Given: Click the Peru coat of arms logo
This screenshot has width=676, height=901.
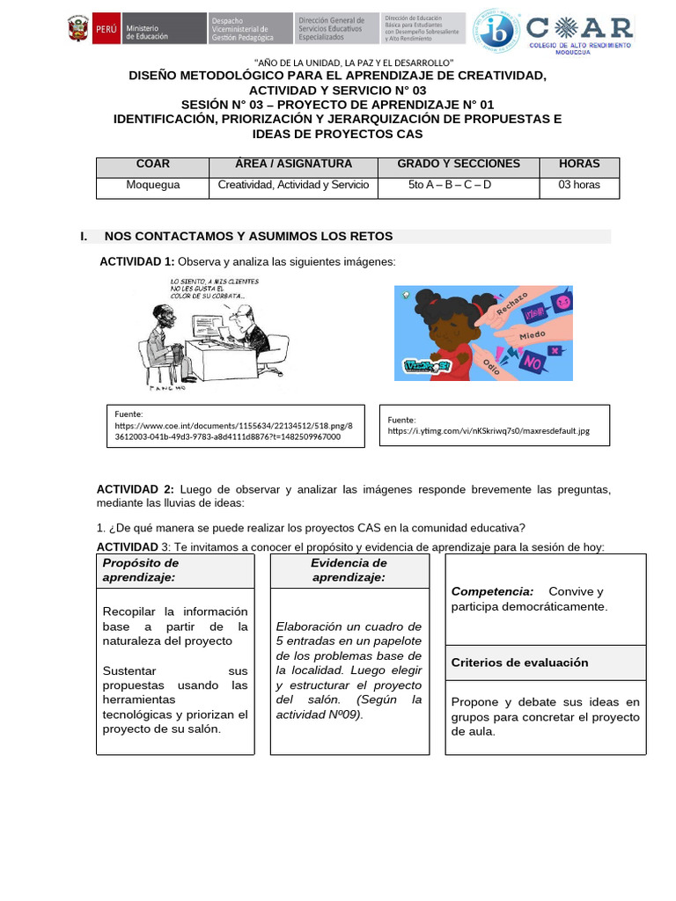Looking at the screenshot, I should [x=77, y=30].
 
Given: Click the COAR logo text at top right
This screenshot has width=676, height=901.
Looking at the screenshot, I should [x=582, y=27].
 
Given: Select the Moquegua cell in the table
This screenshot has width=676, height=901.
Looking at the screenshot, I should [x=152, y=186].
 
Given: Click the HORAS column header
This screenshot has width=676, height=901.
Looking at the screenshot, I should [x=579, y=165].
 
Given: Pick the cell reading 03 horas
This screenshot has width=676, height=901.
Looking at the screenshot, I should [x=579, y=186].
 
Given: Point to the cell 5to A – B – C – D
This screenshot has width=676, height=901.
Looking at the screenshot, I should [x=450, y=186].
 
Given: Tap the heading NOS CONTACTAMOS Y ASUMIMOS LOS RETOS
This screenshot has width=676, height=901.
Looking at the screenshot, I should [x=248, y=237].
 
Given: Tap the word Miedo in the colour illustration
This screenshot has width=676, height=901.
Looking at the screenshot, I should [x=532, y=336].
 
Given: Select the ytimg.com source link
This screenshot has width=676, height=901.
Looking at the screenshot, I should [x=489, y=431].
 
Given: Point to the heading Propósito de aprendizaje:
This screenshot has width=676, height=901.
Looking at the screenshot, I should [x=141, y=570].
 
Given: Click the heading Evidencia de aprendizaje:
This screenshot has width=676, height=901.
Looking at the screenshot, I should [x=349, y=570].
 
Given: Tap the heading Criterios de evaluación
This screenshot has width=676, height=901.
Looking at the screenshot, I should [x=519, y=663].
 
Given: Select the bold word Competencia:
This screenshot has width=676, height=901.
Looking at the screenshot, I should [x=492, y=591].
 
